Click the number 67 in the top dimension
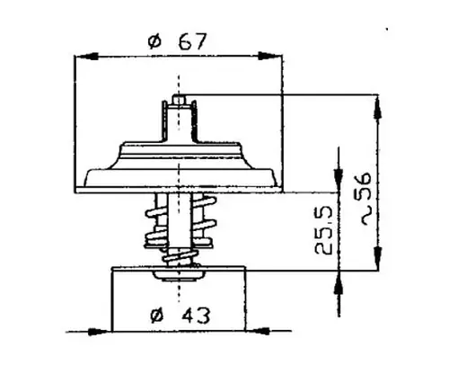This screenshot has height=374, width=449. pos(192,41)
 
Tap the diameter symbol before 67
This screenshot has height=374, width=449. pos(154,42)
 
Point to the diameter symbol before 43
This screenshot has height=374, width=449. pos(157,316)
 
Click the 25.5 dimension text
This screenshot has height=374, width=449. pos(324,229)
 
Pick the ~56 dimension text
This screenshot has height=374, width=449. pos(365,199)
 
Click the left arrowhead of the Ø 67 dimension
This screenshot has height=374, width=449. pos(87,56)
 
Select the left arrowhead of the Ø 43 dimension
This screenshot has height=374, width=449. pos(100,332)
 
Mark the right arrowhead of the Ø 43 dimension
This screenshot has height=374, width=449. pos(257,331)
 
